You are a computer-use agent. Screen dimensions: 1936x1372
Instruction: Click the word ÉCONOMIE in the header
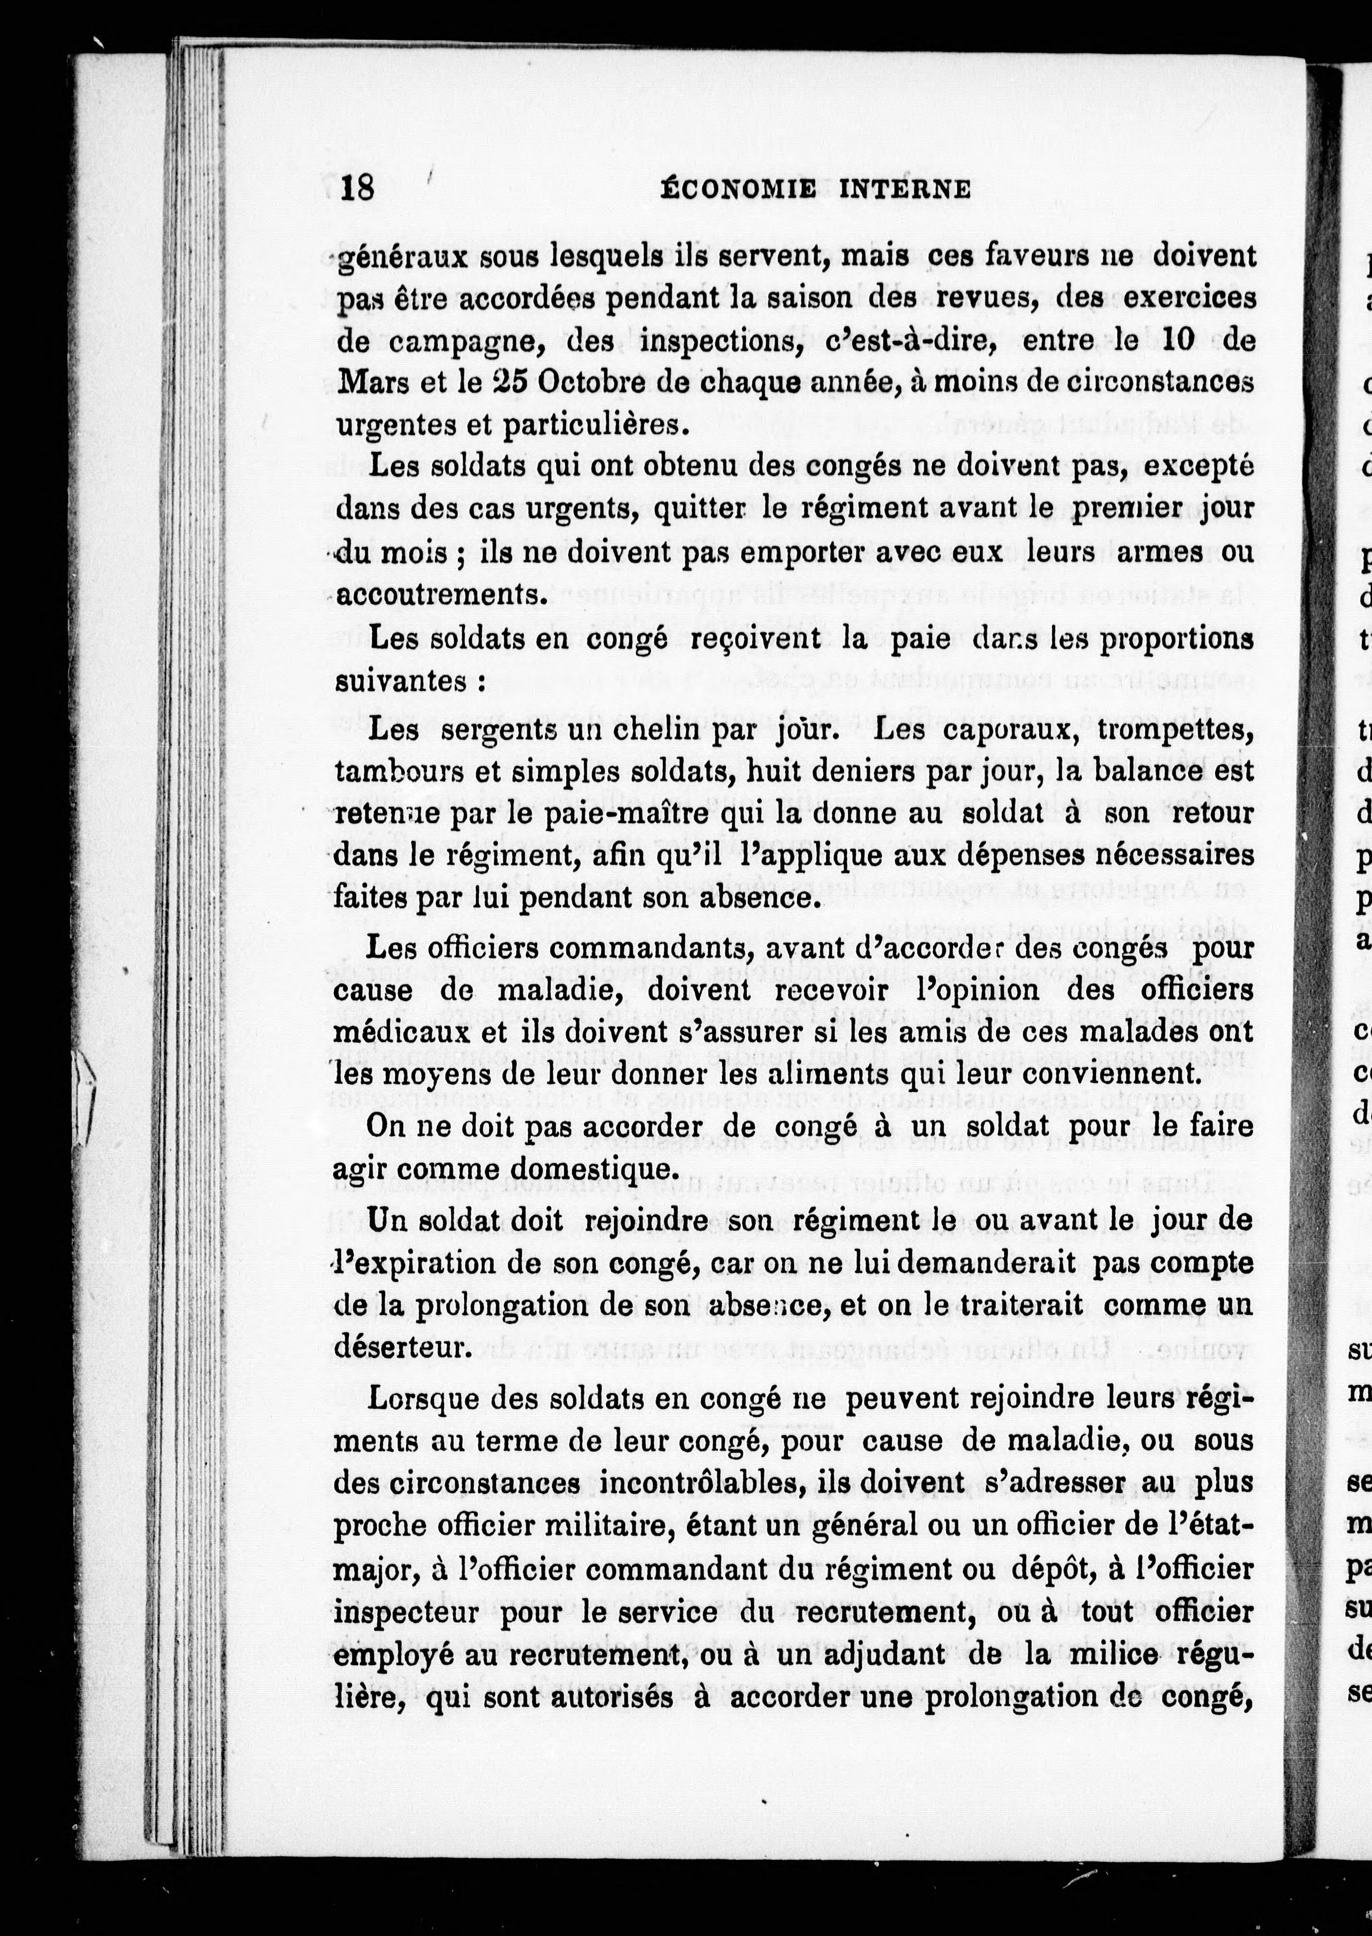pyautogui.click(x=737, y=190)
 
